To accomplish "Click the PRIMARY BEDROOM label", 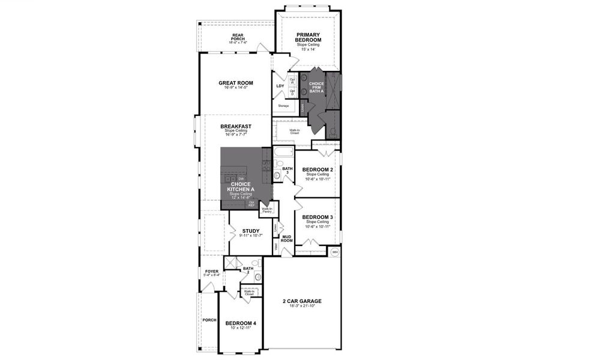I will [309, 38].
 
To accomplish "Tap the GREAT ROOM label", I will [235, 83].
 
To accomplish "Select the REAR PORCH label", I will [238, 37].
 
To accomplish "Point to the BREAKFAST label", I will [235, 126].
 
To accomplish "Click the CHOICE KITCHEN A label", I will [240, 187].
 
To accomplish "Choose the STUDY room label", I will [250, 230].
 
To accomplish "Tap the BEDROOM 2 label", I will [318, 170].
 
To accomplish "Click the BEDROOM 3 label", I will [318, 217].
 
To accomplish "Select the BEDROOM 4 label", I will [240, 323].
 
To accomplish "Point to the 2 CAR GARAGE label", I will [302, 301].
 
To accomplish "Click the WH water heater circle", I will [335, 252].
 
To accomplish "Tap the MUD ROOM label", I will [287, 238].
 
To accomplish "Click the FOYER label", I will [212, 271].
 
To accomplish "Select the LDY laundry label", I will [280, 86].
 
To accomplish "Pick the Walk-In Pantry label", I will [267, 210].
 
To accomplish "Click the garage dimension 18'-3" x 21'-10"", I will [302, 306].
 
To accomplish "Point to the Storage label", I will [283, 106].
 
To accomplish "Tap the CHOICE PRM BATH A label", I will [316, 86].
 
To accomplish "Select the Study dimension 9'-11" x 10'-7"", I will [250, 235].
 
